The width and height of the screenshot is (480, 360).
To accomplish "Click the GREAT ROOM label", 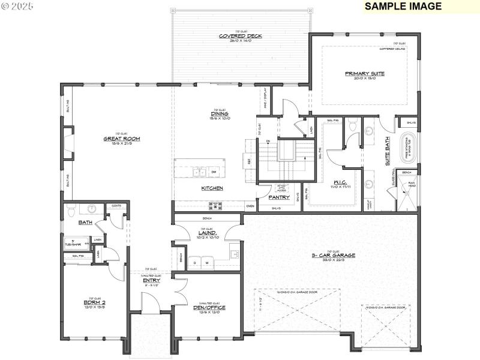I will [x=122, y=139].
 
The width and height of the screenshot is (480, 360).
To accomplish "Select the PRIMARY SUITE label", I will [x=364, y=74].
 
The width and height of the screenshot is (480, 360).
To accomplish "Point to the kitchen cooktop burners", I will [x=216, y=206].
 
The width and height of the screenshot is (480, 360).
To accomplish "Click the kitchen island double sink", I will [x=200, y=173].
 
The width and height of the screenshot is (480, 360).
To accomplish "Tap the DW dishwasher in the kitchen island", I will [x=213, y=172].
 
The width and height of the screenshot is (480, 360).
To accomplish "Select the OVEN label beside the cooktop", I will [x=250, y=206].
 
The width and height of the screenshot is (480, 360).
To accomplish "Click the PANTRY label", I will [x=280, y=197].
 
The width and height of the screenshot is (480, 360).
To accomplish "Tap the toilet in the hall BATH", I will [x=71, y=211].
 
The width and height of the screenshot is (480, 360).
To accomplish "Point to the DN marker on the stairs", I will [x=268, y=142].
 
